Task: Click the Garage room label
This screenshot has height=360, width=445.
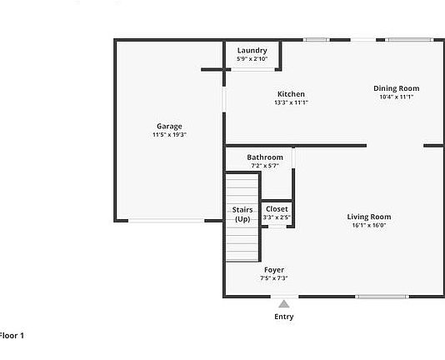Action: click(x=169, y=127)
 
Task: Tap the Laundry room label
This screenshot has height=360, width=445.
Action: click(x=252, y=51)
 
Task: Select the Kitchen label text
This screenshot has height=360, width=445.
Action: click(x=291, y=94)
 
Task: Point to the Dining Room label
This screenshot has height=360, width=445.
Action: click(x=396, y=88)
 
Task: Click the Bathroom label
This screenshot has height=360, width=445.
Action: click(x=265, y=157)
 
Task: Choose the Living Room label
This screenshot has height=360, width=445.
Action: click(x=368, y=217)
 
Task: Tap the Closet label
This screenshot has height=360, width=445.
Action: click(x=277, y=209)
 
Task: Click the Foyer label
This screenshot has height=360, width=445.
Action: click(x=274, y=270)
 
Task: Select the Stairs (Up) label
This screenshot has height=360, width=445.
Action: click(x=242, y=214)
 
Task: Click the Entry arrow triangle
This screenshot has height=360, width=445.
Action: click(x=284, y=304)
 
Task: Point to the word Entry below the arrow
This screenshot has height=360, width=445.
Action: click(x=284, y=317)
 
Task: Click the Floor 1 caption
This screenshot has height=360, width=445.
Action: click(x=12, y=335)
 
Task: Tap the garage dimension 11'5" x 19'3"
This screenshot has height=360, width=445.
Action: click(x=169, y=135)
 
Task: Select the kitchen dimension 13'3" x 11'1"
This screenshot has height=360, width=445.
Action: click(x=291, y=102)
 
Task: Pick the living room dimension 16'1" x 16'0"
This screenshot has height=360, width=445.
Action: click(x=368, y=225)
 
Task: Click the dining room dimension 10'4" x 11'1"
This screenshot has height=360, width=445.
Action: click(x=396, y=97)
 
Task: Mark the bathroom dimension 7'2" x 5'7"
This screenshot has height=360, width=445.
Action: click(x=265, y=166)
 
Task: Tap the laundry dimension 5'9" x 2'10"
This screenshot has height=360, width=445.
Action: click(x=252, y=59)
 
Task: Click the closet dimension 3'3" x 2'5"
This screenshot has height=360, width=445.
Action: click(x=277, y=217)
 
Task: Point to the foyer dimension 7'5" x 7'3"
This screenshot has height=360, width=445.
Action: click(x=274, y=278)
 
